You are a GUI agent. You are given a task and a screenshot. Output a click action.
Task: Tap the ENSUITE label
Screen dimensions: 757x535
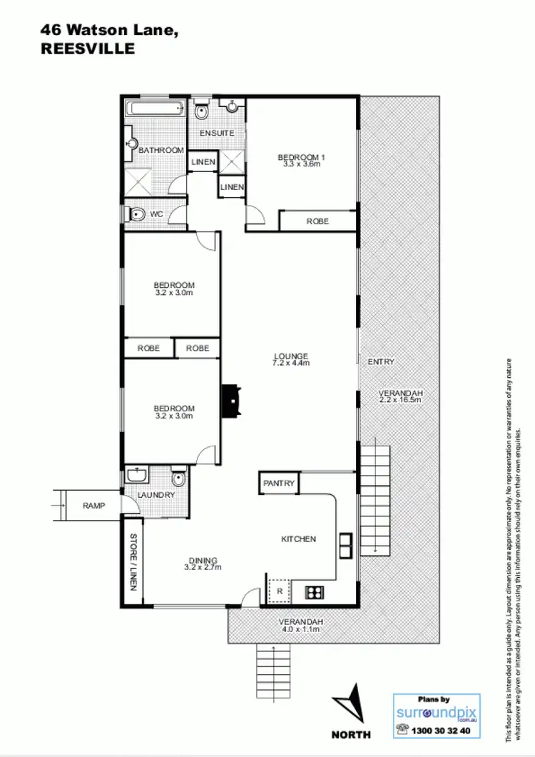217,134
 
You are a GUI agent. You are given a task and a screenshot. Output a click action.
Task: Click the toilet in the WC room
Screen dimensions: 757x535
136,214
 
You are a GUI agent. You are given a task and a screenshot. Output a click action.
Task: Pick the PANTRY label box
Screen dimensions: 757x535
279,483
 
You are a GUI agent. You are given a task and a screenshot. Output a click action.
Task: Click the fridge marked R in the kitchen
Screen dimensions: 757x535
280,592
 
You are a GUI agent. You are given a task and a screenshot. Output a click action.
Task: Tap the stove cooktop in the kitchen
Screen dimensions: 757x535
314,591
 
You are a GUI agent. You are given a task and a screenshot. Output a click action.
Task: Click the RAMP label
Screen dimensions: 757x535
93,506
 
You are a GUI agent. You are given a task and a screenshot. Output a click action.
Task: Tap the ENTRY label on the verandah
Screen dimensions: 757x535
380,362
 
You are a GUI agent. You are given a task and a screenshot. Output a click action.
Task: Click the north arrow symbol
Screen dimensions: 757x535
352,702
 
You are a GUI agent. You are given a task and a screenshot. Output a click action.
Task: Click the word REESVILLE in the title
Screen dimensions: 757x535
87,49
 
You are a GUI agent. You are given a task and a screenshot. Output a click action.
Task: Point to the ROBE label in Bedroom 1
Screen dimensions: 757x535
317,221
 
